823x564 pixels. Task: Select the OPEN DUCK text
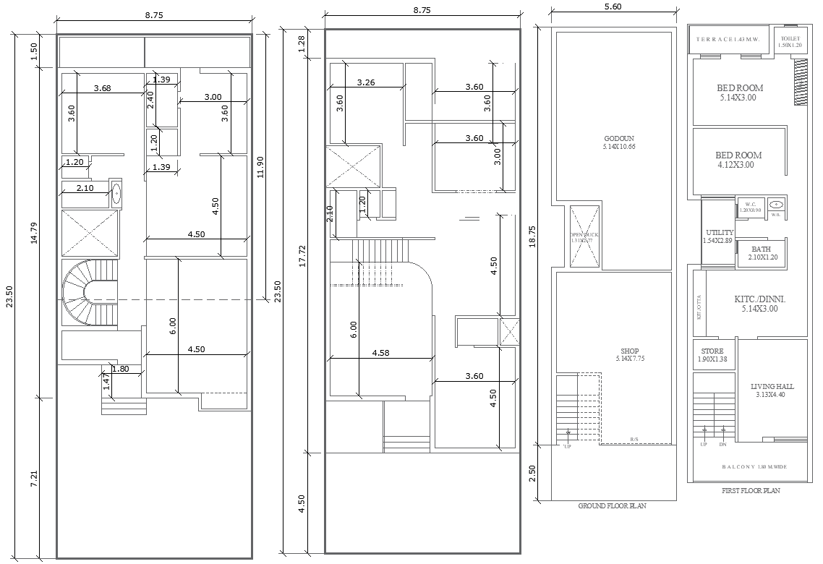[x=584, y=236]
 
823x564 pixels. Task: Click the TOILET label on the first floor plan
[x=790, y=38]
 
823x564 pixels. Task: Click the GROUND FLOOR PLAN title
[x=612, y=506]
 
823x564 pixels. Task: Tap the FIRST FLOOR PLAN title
[x=751, y=490]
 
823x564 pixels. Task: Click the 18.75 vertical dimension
[x=534, y=236]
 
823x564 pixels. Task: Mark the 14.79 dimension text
[x=34, y=231]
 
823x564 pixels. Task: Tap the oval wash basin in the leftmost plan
[x=116, y=194]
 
